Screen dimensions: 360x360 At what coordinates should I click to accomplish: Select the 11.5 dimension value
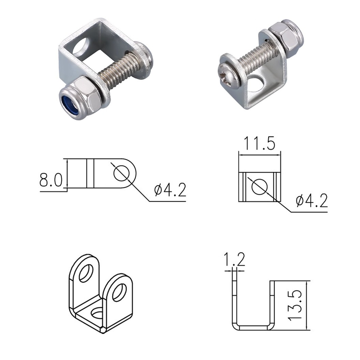(x=259, y=144)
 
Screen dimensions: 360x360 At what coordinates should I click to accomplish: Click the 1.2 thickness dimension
(x=234, y=260)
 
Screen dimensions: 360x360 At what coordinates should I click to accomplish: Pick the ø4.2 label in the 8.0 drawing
(x=170, y=191)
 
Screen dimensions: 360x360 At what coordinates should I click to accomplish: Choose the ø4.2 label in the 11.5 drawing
(x=312, y=201)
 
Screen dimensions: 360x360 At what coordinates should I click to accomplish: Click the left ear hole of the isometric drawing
(x=86, y=273)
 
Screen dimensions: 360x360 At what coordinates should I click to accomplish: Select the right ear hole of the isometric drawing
(x=119, y=292)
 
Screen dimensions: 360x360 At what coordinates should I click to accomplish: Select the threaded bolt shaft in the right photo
(x=254, y=55)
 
